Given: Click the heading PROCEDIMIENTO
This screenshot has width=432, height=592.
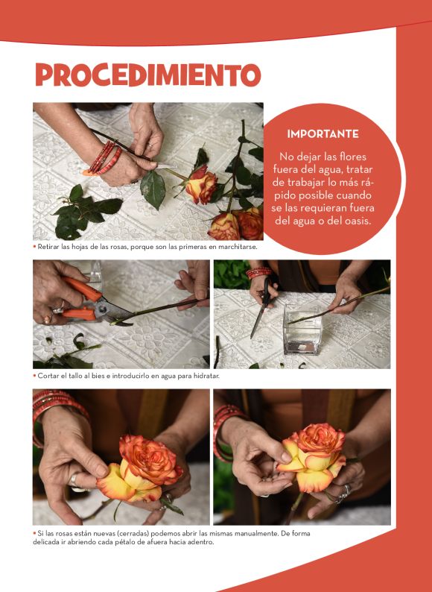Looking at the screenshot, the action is coord(148,75).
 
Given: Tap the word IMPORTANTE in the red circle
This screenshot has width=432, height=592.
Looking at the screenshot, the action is coord(323,134).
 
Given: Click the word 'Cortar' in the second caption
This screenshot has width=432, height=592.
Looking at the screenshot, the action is coord(46,376).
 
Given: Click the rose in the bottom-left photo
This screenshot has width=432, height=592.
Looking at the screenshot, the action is coord(139,469).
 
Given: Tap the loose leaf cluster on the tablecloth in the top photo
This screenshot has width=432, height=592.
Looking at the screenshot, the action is coord(85,212).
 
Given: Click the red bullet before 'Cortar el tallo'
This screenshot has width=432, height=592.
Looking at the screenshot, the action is coord(35,376).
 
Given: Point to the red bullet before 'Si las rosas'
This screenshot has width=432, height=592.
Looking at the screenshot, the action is coord(35,534).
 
